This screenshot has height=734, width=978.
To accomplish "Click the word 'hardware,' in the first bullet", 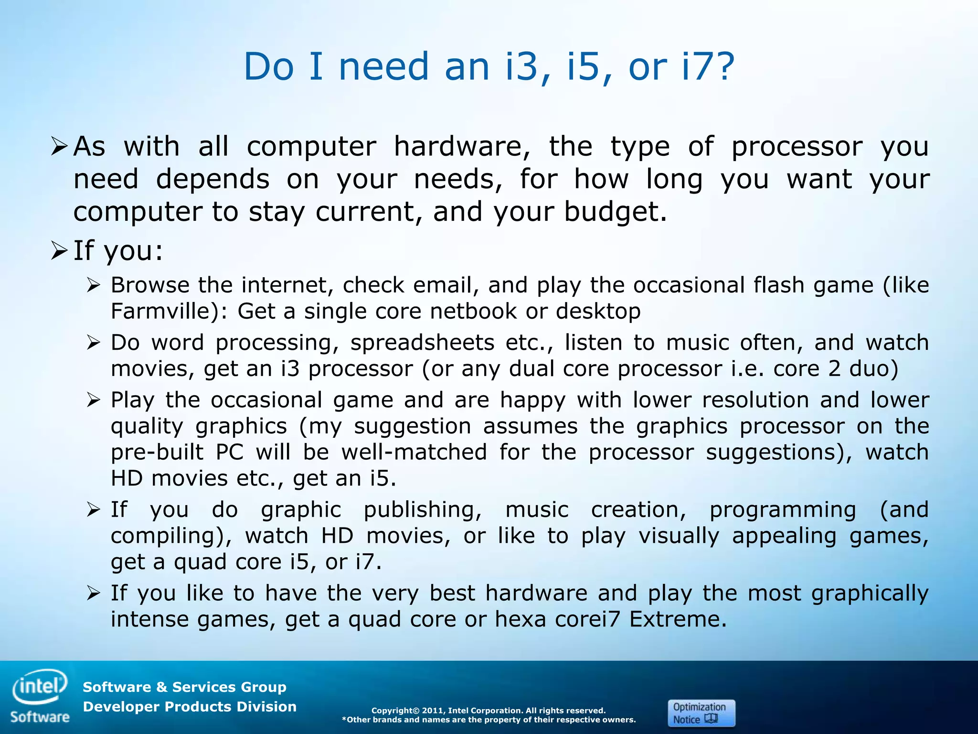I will [x=462, y=146].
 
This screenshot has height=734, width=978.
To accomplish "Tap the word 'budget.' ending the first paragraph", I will [x=615, y=211].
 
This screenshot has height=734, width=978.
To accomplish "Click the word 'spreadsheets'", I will [x=422, y=343].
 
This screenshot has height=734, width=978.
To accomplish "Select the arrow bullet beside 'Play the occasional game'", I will [x=93, y=400].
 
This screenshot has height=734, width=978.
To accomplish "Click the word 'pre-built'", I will [x=157, y=453].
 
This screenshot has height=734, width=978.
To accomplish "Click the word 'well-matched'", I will [x=414, y=453].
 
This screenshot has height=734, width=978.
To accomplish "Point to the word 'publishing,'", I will [x=423, y=510].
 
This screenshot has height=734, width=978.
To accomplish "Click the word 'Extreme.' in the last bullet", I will [x=678, y=619].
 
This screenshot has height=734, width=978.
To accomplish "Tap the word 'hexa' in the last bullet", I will [x=520, y=619].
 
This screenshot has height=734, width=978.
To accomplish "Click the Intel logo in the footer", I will [x=40, y=687].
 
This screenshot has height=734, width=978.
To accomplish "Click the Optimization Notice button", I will [x=701, y=713].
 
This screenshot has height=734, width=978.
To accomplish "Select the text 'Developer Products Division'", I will [x=190, y=707].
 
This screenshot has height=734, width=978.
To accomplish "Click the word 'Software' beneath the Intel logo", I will [x=40, y=717].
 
